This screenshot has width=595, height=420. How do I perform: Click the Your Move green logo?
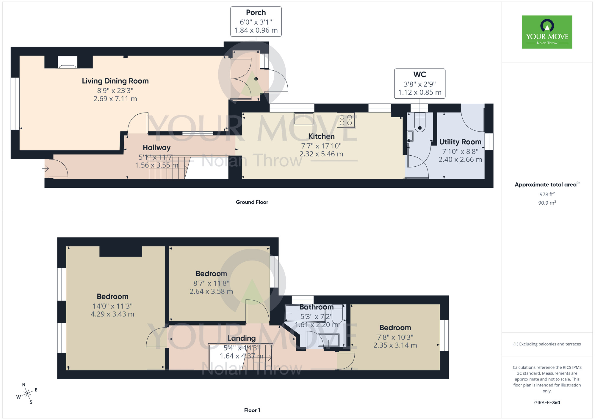(x=547, y=32)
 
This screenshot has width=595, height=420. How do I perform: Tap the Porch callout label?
(x=256, y=21)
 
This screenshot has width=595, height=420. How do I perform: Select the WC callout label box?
(x=419, y=83)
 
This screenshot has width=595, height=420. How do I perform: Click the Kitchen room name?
(x=321, y=136)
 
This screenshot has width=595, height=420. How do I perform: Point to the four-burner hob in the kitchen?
(x=346, y=120)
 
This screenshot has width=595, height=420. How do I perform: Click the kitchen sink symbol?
(x=304, y=119)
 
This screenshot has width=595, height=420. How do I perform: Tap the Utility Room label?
(x=460, y=142)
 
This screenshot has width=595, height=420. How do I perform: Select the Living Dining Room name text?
(x=115, y=81)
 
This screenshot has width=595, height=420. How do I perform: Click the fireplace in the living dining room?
(x=68, y=62)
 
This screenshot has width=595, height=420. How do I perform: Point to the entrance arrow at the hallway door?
(x=46, y=169)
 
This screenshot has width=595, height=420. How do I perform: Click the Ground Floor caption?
(x=252, y=202)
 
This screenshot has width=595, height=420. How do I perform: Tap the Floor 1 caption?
(x=252, y=410)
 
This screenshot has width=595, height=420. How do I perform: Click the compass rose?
(x=27, y=394)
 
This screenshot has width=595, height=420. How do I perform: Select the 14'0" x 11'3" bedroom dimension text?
(x=112, y=306)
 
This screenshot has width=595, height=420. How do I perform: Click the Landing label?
(x=242, y=338)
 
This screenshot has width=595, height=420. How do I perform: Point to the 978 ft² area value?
(x=547, y=194)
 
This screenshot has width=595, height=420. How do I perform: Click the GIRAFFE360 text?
(x=547, y=403)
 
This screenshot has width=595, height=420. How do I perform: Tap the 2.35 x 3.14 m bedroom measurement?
(x=395, y=345)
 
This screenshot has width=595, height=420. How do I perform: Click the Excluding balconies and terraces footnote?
(x=547, y=344)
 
